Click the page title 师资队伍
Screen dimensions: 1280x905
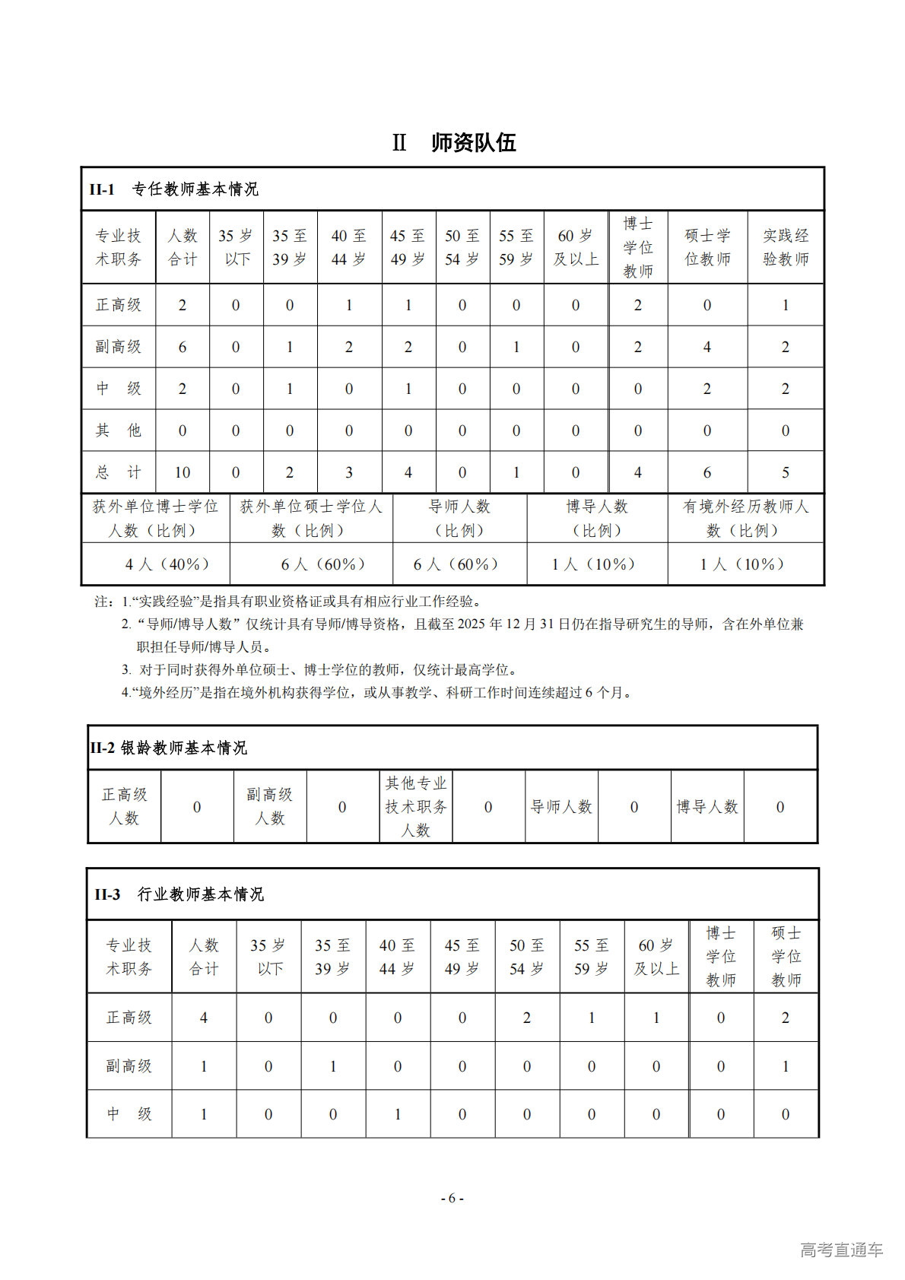coord(473,143)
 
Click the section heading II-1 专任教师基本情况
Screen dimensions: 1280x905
coord(174,189)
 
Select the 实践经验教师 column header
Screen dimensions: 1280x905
coord(786,247)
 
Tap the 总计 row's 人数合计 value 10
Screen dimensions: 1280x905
coord(183,472)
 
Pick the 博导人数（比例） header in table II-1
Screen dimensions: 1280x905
coord(597,518)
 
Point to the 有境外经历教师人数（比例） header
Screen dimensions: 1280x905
coord(745,518)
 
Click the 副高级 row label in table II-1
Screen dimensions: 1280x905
coord(119,347)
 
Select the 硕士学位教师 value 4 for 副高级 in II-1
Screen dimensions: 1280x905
coord(707,347)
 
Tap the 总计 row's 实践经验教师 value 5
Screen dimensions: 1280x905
coord(786,472)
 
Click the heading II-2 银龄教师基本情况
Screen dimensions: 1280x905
coord(169,748)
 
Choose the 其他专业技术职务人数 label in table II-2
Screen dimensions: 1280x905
coord(415,806)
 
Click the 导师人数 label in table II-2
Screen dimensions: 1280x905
coord(561,807)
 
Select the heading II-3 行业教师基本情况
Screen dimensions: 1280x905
coord(179,894)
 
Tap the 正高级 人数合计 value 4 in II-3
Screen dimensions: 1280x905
coord(204,1018)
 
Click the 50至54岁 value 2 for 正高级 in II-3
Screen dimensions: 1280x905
coord(527,1018)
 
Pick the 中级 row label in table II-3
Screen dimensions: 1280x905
coord(129,1114)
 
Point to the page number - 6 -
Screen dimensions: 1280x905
coord(452,1198)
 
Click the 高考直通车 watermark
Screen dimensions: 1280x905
coord(841,1250)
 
